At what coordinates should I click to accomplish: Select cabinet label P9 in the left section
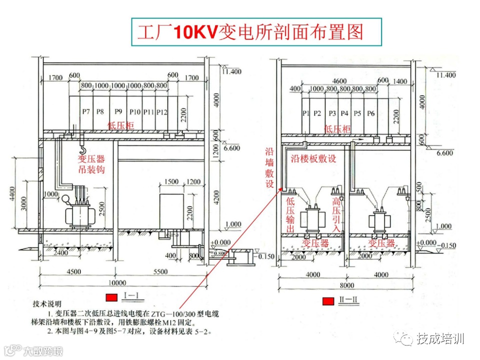click(118, 111)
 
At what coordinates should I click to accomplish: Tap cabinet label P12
click(161, 111)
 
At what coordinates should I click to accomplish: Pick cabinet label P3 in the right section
click(331, 113)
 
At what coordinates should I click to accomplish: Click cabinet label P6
click(370, 113)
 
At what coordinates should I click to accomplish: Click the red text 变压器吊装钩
click(91, 164)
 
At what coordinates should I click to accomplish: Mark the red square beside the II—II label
click(327, 300)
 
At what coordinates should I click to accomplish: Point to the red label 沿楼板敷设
click(313, 158)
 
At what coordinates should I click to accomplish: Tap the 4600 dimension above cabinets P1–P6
click(339, 81)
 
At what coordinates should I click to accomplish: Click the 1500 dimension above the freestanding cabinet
click(171, 181)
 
